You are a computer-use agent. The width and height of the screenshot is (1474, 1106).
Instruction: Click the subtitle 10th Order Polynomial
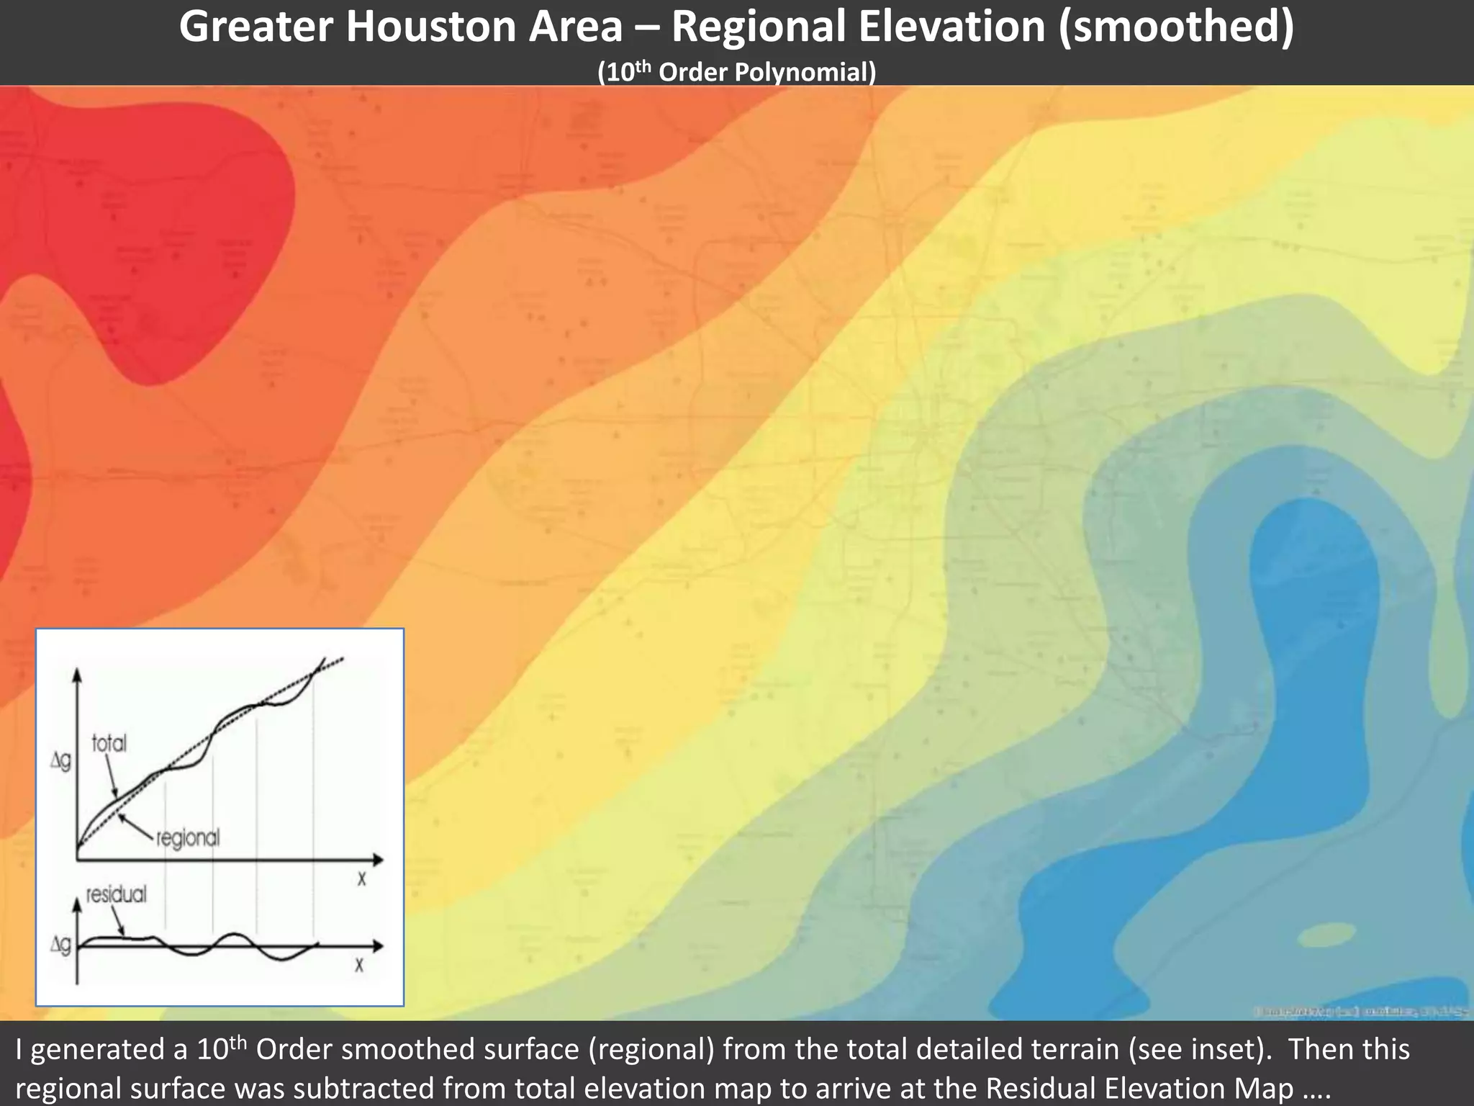click(736, 72)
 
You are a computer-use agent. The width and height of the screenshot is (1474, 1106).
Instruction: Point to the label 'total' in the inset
click(109, 743)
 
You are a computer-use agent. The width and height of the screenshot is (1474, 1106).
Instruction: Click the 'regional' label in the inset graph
click(187, 837)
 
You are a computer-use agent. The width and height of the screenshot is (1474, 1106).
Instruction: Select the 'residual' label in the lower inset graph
click(116, 894)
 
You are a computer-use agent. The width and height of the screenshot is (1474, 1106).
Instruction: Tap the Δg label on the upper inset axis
click(60, 761)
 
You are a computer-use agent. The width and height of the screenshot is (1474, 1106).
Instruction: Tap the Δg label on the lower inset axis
click(60, 945)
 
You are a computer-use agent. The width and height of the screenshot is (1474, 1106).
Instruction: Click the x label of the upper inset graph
click(361, 879)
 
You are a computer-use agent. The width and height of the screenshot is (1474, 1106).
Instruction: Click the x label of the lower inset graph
click(358, 965)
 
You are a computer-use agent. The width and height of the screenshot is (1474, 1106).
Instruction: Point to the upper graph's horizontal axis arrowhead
click(377, 859)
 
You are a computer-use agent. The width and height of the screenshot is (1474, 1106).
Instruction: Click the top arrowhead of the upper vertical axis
click(77, 674)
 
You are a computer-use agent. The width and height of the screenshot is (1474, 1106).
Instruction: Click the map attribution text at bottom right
click(1360, 1012)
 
